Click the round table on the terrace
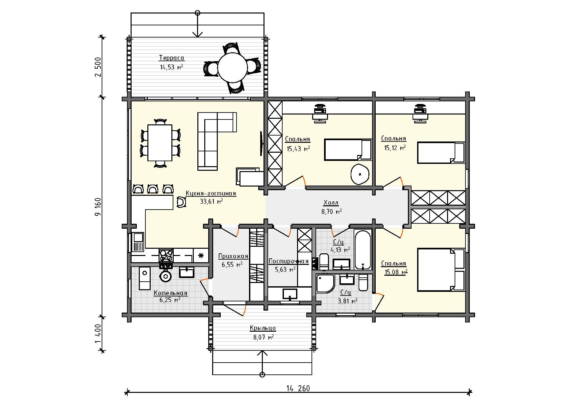coord(233,68)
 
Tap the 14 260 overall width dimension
coord(298,388)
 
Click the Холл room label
coord(331,202)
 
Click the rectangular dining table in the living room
coord(160,143)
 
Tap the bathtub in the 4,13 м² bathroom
coord(363,250)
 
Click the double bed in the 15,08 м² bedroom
coord(441,270)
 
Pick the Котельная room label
coord(170,293)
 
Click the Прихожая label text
coord(233,256)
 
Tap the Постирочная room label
coord(288,262)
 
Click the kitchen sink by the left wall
coord(138,242)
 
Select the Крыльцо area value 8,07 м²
coord(263,337)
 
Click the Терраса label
coord(172,58)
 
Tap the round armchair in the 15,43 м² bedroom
coord(360,173)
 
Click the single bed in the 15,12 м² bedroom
coord(441,152)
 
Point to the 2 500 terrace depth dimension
coord(98,67)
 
